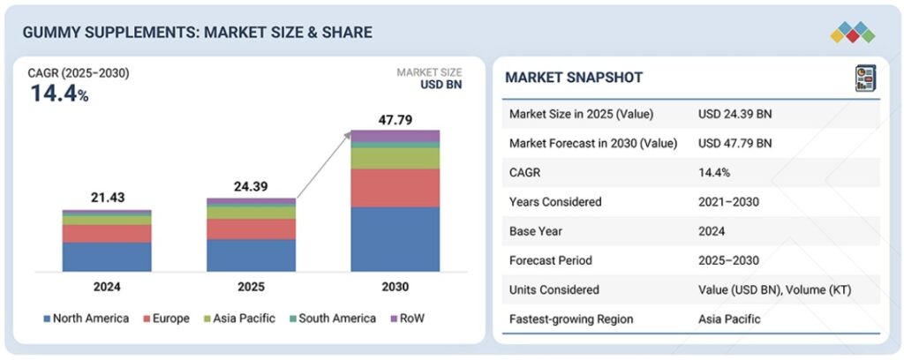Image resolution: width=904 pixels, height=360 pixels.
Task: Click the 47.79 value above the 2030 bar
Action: click(395, 119)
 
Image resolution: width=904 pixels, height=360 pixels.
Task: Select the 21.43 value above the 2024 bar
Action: click(106, 199)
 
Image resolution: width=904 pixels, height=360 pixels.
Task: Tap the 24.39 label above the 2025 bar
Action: click(251, 187)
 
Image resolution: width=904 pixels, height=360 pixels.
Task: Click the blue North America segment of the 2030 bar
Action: click(395, 238)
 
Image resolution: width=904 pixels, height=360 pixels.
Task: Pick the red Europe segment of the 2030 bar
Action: click(395, 187)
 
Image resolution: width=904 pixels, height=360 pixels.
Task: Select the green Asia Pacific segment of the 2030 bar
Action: click(395, 158)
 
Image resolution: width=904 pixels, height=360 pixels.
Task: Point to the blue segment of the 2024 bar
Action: click(106, 256)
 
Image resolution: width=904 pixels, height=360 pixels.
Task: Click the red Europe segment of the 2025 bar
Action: click(251, 229)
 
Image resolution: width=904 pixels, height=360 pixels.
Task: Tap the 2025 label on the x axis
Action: click(251, 287)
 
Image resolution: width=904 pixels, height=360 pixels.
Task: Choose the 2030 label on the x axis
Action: click(395, 287)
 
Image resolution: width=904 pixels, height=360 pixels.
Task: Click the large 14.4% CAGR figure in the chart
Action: click(59, 93)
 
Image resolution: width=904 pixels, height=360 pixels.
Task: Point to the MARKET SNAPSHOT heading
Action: click(574, 78)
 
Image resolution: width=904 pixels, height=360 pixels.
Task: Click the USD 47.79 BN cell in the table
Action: click(734, 143)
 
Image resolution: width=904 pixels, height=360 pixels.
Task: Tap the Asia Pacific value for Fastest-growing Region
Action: click(729, 319)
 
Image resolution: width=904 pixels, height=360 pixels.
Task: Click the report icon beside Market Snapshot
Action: click(864, 78)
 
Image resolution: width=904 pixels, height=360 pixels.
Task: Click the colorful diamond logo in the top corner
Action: click(852, 33)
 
